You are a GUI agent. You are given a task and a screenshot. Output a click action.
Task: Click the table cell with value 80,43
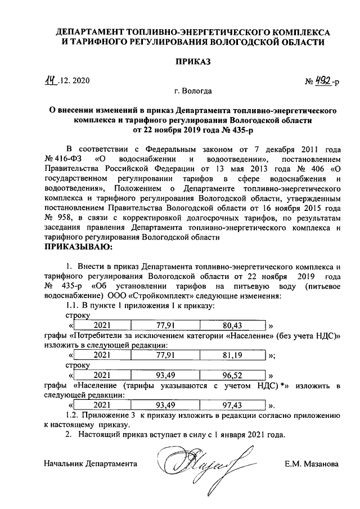[x=231, y=325]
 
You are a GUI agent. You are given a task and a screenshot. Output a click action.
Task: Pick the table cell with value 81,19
[x=231, y=355]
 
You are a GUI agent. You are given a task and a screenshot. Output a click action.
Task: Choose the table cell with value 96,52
[x=231, y=375]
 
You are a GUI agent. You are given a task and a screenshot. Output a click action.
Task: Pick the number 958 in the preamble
[x=61, y=218]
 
